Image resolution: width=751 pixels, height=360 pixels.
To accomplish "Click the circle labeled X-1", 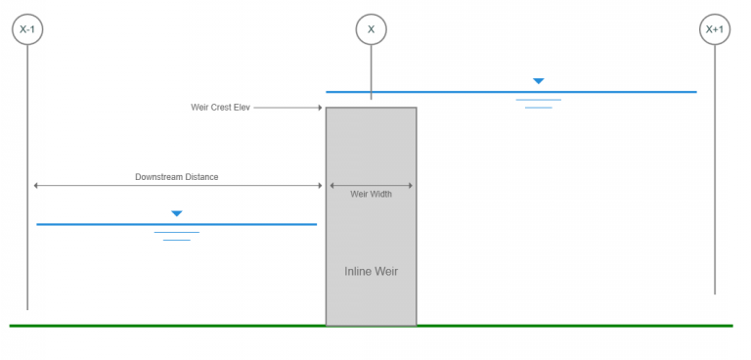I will (x=27, y=29).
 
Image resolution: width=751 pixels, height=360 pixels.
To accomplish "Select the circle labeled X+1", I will (x=715, y=29).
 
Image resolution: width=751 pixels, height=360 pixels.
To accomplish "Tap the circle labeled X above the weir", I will (x=371, y=29).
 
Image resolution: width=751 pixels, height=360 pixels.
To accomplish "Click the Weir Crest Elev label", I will (x=220, y=108).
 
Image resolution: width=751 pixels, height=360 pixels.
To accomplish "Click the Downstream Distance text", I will (x=176, y=177).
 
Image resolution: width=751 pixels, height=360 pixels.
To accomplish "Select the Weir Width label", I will (x=371, y=194).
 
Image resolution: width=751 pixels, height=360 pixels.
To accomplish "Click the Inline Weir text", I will (x=371, y=271).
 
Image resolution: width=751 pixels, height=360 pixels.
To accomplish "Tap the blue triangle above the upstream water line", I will (x=538, y=81).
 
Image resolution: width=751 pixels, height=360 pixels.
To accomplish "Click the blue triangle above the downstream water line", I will (x=176, y=213).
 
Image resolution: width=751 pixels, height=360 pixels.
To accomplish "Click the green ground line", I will (x=196, y=325).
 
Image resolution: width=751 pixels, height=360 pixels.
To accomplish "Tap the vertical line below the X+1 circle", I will (x=715, y=196).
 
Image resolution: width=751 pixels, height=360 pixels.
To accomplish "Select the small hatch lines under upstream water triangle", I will (x=538, y=103).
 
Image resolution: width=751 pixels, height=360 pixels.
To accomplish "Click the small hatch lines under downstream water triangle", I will (x=176, y=236).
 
